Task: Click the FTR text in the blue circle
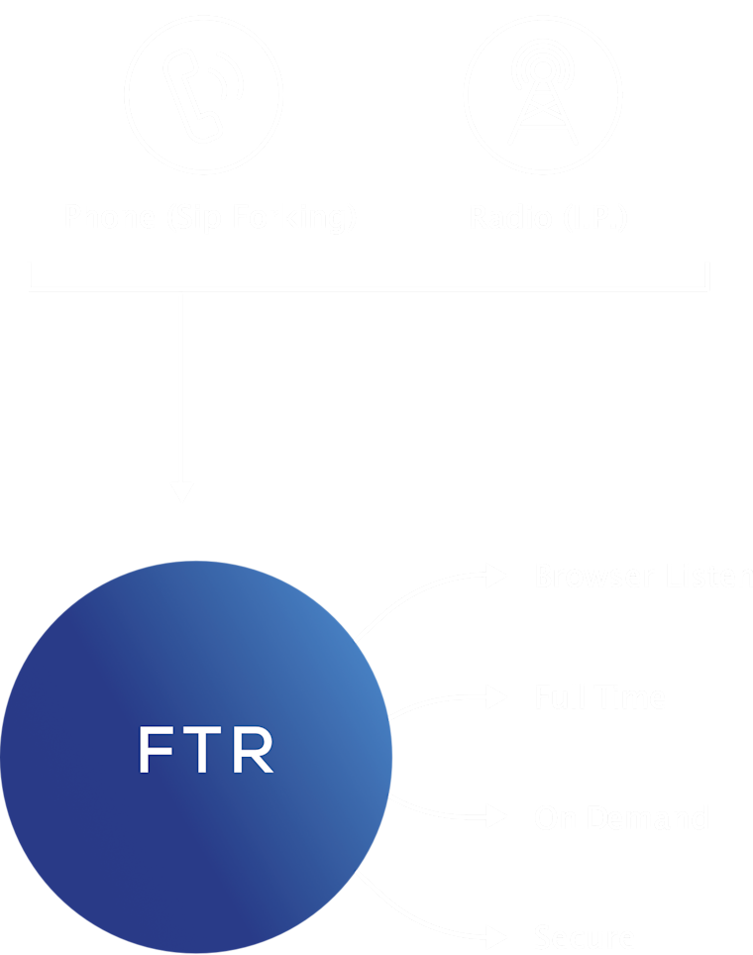click(x=205, y=750)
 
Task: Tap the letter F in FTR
click(x=155, y=750)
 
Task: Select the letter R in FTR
click(x=255, y=750)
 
